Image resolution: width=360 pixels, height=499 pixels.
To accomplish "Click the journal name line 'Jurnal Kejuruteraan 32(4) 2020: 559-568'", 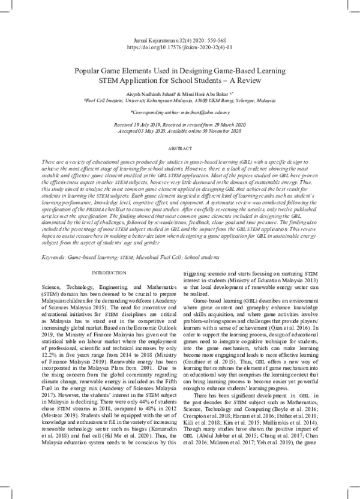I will (179, 37).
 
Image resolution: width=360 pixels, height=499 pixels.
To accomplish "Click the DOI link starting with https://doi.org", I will (179, 44).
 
